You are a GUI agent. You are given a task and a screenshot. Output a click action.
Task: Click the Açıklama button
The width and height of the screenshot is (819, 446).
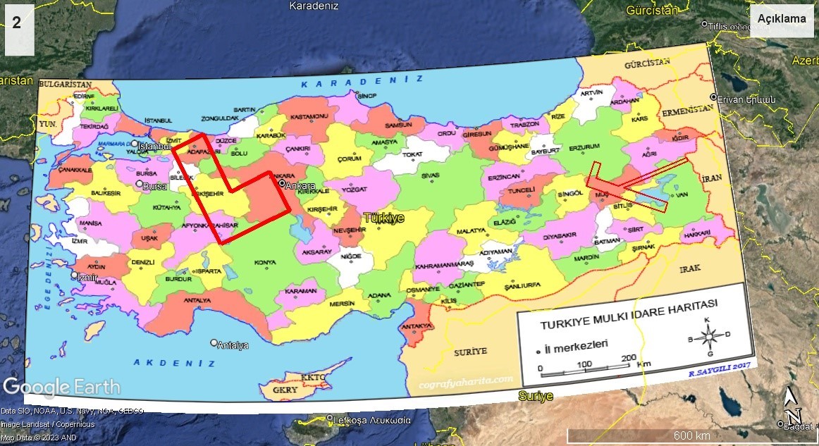pos(782,19)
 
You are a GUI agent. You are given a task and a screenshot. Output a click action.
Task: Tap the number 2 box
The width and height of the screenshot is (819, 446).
pos(16,23)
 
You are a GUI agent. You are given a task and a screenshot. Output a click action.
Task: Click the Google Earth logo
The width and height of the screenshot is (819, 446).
pos(61,387)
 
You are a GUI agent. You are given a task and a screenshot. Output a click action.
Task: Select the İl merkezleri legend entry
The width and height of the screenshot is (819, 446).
pos(576,344)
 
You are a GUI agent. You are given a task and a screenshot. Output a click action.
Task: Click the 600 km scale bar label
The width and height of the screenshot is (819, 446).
pos(691,435)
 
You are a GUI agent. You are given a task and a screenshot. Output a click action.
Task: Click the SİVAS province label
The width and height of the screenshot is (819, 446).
pos(430,175)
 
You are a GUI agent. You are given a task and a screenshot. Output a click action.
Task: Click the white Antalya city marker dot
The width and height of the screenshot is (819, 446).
pos(214,343)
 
